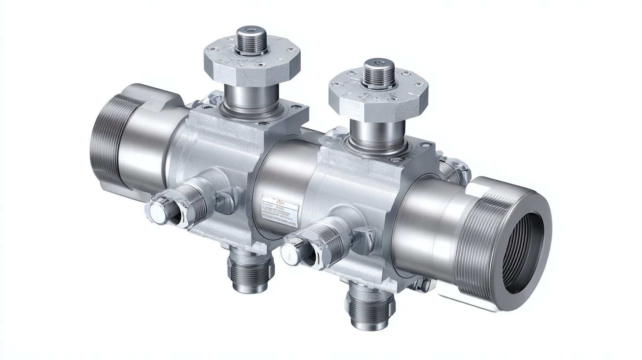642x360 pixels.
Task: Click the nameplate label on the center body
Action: coord(277,207)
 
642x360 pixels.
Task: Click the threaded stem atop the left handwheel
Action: coord(252,40)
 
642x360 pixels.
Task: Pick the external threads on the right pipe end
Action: coord(476,247)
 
